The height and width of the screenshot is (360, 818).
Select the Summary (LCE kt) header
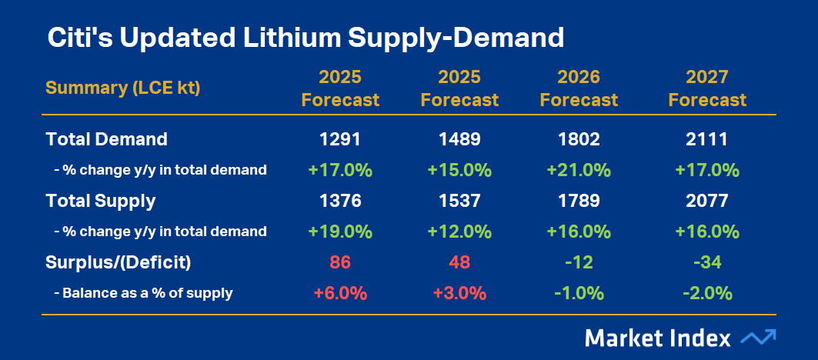tap(123, 88)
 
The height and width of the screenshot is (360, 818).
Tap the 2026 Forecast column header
tap(579, 88)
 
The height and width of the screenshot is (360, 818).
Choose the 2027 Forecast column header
tap(707, 88)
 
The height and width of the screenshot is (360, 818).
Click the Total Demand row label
tap(107, 139)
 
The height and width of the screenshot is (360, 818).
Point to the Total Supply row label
tap(101, 201)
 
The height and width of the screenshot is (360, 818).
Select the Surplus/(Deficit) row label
tap(119, 262)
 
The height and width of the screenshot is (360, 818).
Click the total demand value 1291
tap(340, 139)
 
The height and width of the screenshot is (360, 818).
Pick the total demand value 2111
tap(707, 139)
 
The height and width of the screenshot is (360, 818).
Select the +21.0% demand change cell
tap(579, 170)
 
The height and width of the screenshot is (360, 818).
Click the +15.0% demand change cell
tap(459, 170)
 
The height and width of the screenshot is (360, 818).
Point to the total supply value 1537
tap(459, 201)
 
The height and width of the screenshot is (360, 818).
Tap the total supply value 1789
tap(579, 201)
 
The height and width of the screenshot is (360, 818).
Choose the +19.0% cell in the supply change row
tap(340, 232)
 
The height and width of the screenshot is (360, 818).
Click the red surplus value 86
tap(340, 262)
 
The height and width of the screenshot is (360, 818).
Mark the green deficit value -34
tap(707, 262)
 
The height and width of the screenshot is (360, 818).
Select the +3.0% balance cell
tap(459, 293)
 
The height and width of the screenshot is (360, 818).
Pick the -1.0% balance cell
tap(579, 293)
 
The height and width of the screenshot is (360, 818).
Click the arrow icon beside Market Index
tap(758, 338)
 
